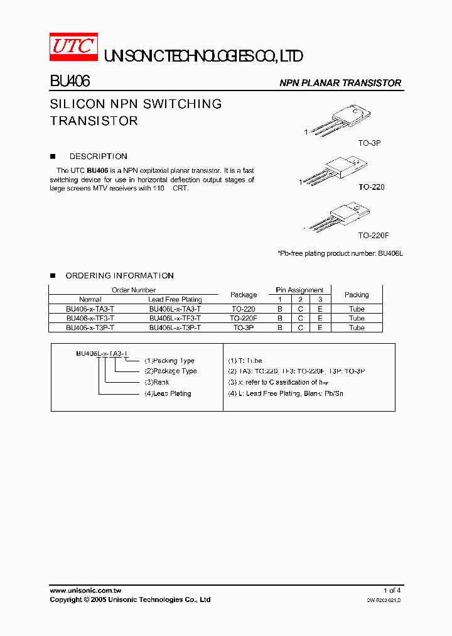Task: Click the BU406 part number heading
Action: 70,82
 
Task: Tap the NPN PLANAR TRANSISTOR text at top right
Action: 340,83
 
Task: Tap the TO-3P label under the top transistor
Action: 369,143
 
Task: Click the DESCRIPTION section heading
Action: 98,156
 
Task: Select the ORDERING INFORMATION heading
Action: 119,276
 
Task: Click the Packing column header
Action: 357,295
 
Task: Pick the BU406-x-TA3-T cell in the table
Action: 90,309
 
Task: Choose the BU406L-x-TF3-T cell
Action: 175,319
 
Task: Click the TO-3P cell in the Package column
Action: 244,328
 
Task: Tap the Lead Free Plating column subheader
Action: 175,300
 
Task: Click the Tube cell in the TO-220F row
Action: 357,319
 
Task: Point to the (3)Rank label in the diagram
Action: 157,382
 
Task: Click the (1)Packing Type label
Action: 169,361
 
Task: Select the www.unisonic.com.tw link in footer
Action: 85,591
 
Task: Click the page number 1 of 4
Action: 392,591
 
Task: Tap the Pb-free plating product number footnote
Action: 340,253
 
